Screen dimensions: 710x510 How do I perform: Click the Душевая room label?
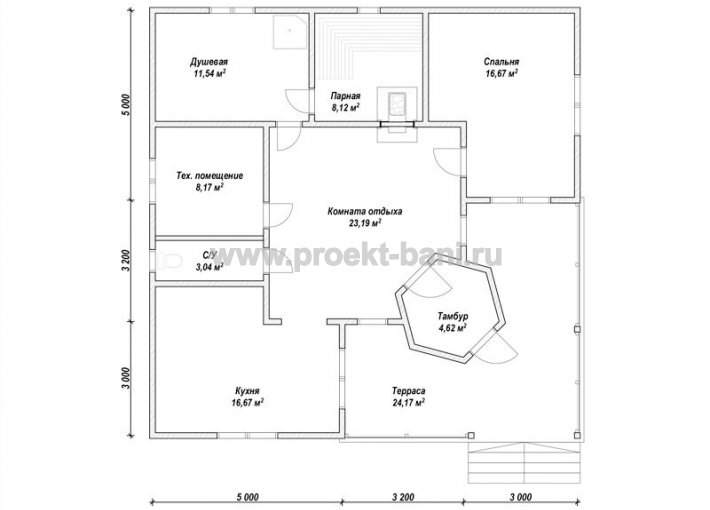click(209, 62)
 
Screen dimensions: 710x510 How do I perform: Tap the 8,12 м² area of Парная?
click(345, 107)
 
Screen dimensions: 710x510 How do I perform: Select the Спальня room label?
click(501, 62)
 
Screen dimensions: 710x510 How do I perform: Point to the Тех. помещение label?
click(209, 175)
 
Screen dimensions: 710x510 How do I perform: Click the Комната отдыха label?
click(365, 211)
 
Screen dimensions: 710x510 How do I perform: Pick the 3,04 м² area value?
click(210, 267)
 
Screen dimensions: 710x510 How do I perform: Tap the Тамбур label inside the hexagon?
click(453, 316)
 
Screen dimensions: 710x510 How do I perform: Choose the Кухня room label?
click(247, 391)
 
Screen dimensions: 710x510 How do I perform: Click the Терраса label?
click(408, 390)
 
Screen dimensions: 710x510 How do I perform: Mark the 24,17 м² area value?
click(408, 402)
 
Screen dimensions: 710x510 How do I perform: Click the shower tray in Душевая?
click(291, 31)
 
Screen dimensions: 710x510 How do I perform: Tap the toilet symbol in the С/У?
click(168, 260)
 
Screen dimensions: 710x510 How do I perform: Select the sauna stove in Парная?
click(397, 103)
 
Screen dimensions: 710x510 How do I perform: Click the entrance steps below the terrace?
click(524, 462)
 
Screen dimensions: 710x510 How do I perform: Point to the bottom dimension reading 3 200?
click(402, 497)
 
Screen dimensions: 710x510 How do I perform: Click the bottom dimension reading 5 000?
click(248, 497)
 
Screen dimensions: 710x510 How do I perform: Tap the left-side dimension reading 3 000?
click(127, 378)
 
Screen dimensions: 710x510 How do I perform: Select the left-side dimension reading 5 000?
click(126, 105)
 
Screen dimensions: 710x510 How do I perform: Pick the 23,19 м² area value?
click(365, 223)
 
